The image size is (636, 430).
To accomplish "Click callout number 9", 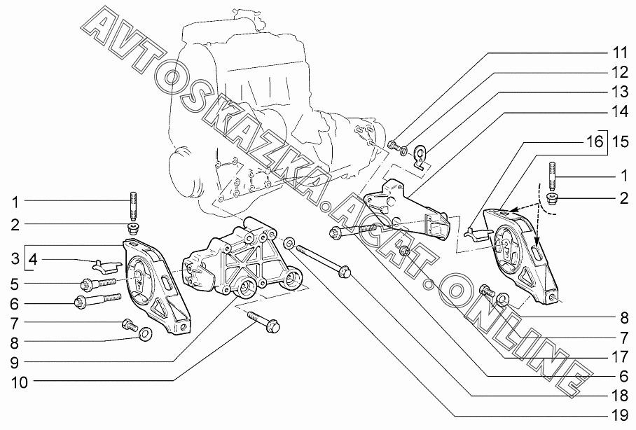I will pos(15,362).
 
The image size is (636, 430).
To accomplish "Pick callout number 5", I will pos(15,284).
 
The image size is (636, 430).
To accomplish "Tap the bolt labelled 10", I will pos(265,322).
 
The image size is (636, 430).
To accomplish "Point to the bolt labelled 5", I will pos(97,284).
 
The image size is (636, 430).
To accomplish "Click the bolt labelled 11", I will pos(393,146).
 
